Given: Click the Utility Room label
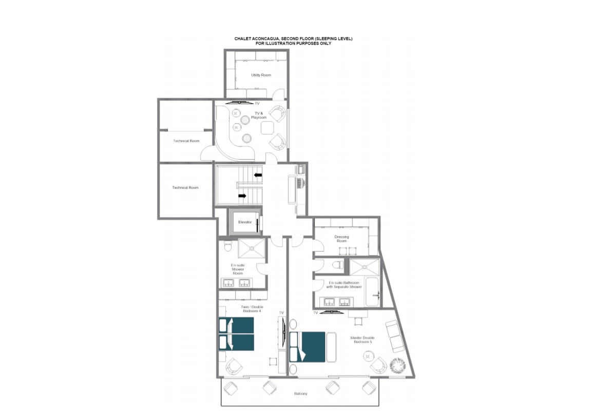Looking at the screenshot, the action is [x=261, y=75].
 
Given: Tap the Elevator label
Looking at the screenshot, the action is [x=244, y=222].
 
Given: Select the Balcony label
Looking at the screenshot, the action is [x=300, y=394].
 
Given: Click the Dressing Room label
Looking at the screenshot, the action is [x=341, y=239].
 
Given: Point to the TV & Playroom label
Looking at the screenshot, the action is [x=259, y=115].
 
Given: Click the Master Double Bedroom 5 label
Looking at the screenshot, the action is [x=362, y=340].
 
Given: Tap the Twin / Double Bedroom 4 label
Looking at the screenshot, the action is [x=252, y=309].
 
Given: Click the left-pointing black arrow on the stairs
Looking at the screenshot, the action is [x=258, y=175].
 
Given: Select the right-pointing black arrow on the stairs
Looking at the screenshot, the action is [x=242, y=196].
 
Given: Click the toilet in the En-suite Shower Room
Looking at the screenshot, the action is [x=227, y=246].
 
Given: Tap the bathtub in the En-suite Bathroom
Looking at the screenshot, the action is [x=372, y=292].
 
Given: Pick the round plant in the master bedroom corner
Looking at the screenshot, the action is [x=397, y=366].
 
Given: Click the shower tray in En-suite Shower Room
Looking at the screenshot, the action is [x=252, y=248].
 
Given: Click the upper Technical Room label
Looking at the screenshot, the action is [x=186, y=141].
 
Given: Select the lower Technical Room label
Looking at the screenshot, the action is [x=185, y=188].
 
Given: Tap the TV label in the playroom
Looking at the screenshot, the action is [x=257, y=104].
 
